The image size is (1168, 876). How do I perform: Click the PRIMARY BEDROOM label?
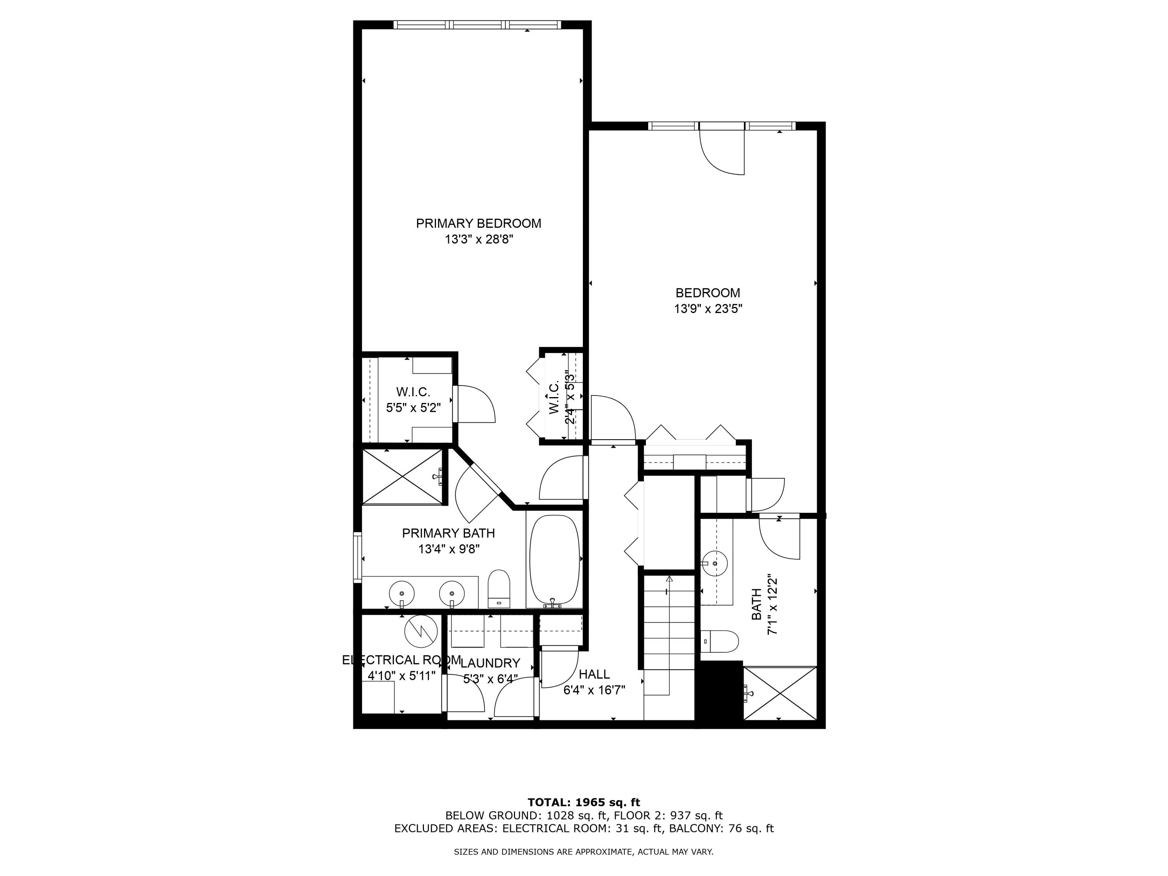pyautogui.click(x=478, y=223)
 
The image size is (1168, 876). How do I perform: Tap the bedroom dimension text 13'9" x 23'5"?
pyautogui.click(x=708, y=309)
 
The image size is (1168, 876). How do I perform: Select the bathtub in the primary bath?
pyautogui.click(x=554, y=560)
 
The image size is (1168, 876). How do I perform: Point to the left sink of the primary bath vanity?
pyautogui.click(x=401, y=593)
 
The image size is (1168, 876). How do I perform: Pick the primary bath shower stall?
pyautogui.click(x=402, y=477)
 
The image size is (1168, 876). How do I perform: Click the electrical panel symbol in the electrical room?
pyautogui.click(x=421, y=631)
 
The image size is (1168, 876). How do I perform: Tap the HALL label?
pyautogui.click(x=594, y=674)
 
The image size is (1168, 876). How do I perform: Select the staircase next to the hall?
pyautogui.click(x=668, y=647)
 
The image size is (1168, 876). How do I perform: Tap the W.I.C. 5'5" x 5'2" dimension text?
pyautogui.click(x=413, y=408)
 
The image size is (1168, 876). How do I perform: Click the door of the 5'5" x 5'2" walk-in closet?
pyautogui.click(x=474, y=405)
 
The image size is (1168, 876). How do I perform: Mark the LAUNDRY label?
pyautogui.click(x=490, y=663)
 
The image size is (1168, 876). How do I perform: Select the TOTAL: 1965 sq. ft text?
pyautogui.click(x=584, y=802)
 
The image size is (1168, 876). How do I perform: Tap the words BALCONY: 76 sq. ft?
pyautogui.click(x=721, y=829)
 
